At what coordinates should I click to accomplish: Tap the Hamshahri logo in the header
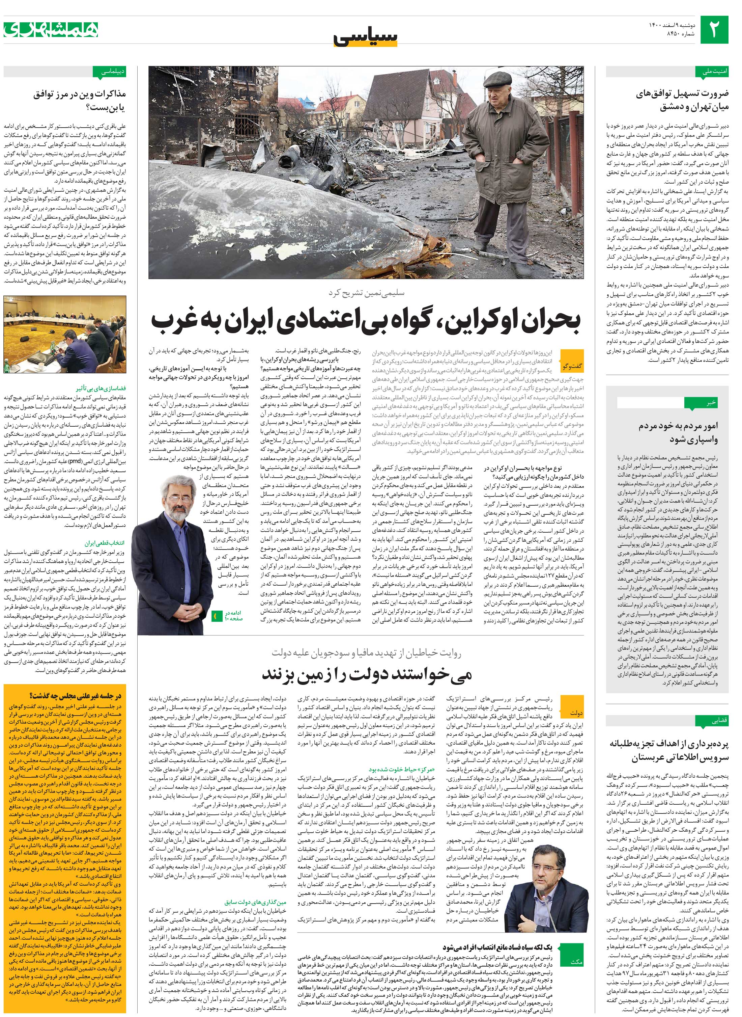(51, 30)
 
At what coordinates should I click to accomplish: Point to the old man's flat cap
(497, 79)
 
